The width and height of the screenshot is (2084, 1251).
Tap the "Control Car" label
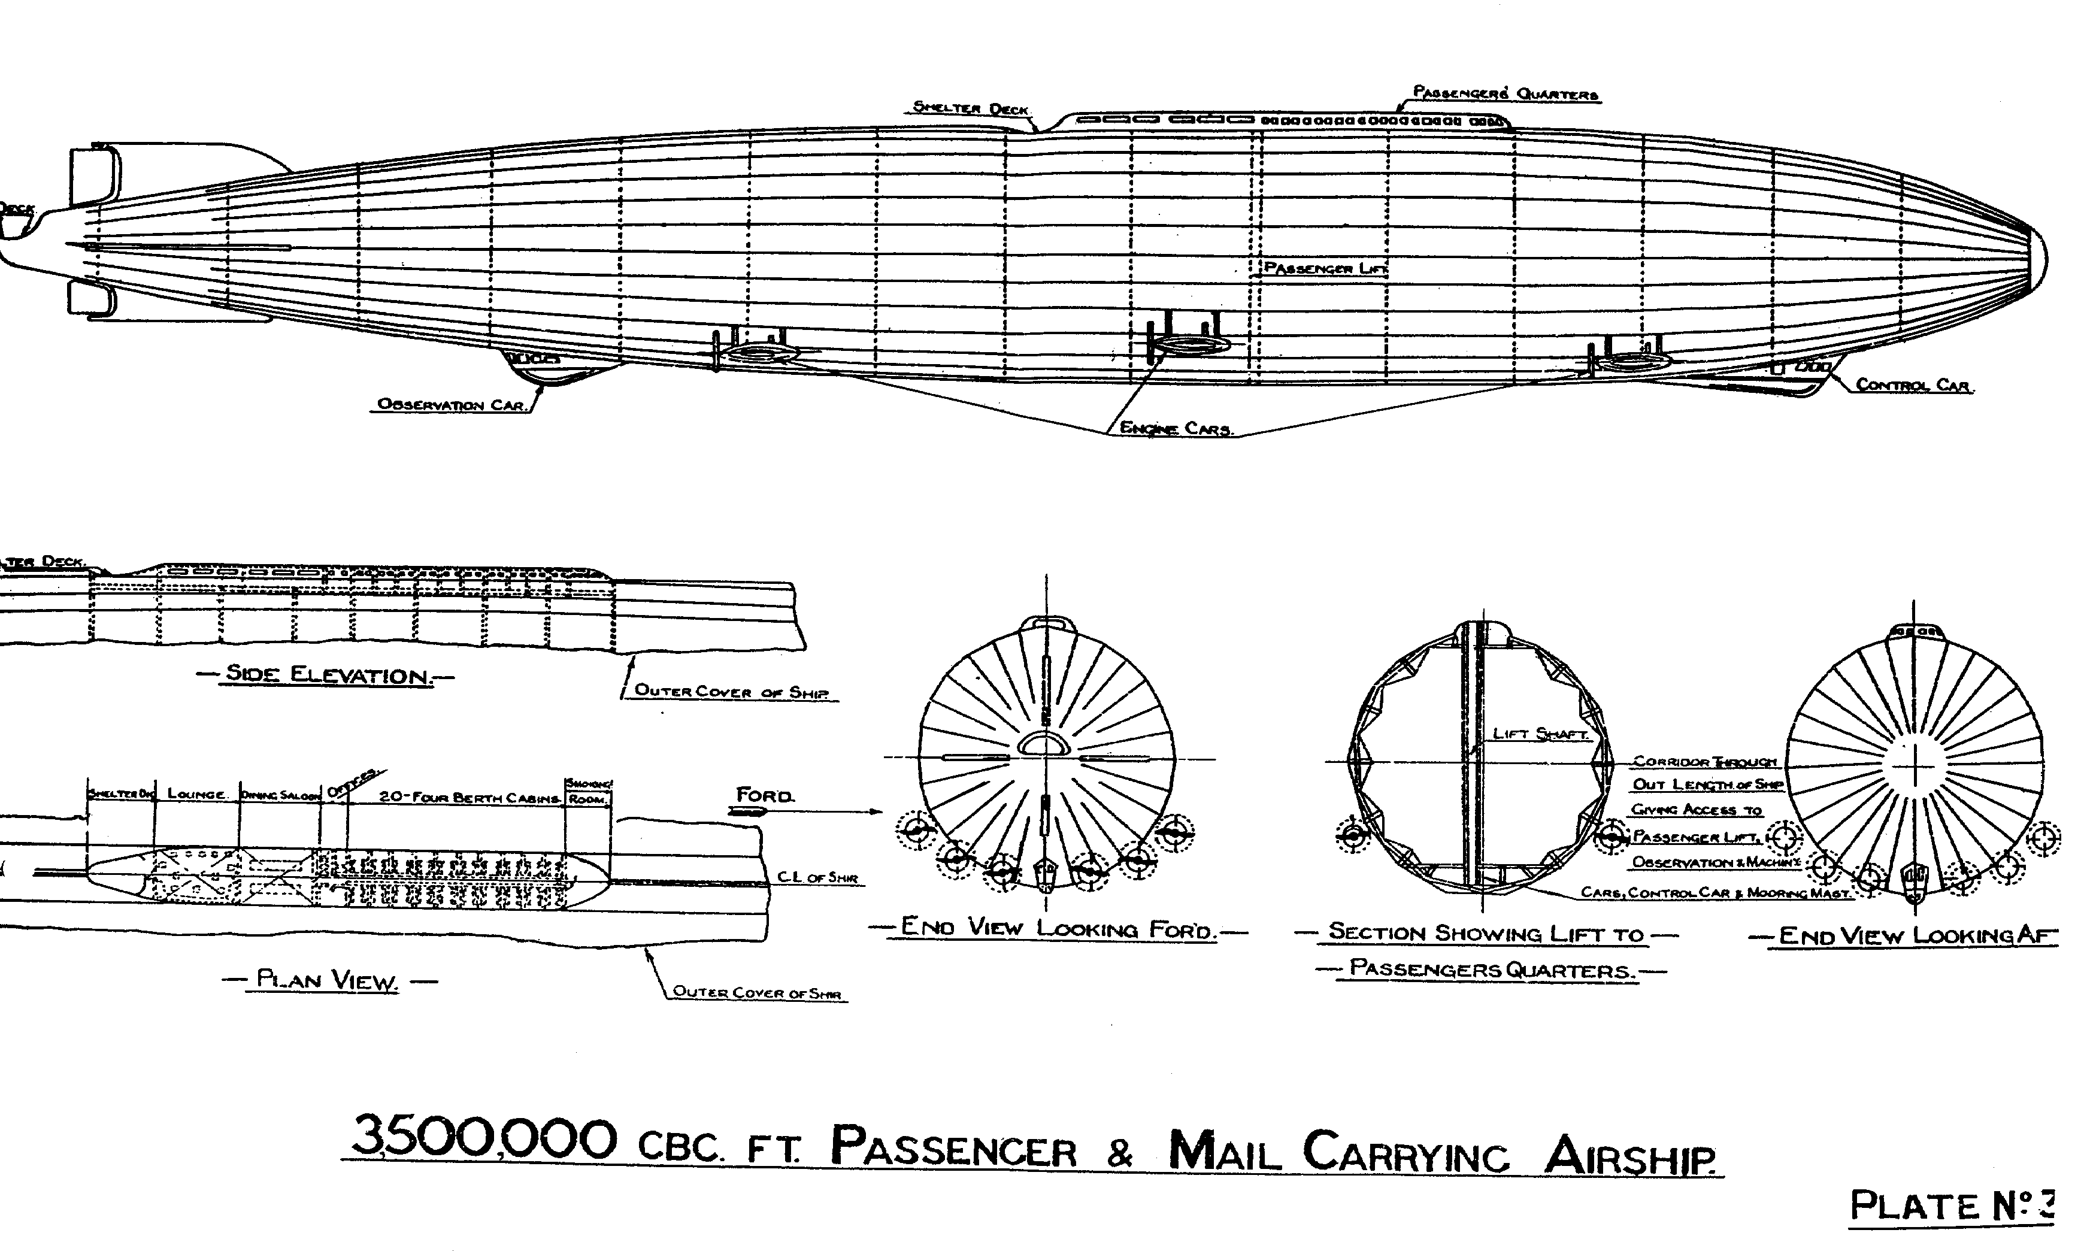click(1913, 386)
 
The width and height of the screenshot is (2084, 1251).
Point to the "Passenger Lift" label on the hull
click(1325, 268)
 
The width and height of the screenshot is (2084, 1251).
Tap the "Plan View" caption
click(327, 980)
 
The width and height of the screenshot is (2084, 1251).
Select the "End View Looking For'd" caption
click(1057, 928)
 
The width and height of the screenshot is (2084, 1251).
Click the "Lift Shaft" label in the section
click(1540, 734)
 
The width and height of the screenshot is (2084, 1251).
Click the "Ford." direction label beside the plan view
click(765, 795)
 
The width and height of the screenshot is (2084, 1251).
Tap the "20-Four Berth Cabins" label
click(469, 796)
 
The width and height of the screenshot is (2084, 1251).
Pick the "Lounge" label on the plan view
click(196, 794)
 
